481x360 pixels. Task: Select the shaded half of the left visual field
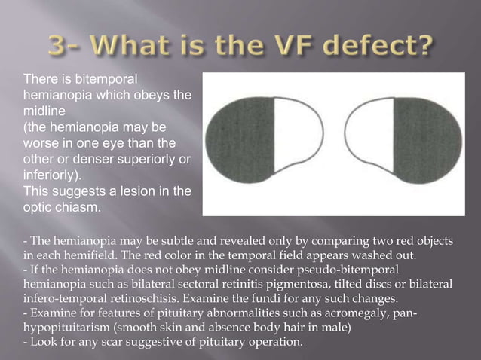coord(244,139)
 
